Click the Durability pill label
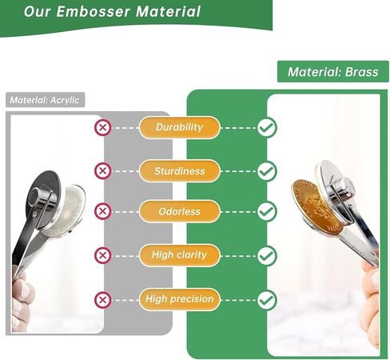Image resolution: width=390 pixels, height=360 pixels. (x=179, y=127)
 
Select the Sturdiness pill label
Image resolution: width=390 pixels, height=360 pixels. (x=179, y=170)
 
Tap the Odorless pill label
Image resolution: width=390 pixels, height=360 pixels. (x=179, y=212)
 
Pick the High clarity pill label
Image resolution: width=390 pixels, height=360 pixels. (x=179, y=255)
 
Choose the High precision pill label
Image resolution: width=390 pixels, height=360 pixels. (x=179, y=300)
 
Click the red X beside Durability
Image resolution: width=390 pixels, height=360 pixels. (x=102, y=127)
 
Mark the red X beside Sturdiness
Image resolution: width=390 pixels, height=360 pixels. (x=102, y=170)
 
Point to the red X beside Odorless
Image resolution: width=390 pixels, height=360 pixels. (x=102, y=212)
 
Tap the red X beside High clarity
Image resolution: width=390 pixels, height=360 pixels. (x=102, y=255)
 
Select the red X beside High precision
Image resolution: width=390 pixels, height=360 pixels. (x=102, y=300)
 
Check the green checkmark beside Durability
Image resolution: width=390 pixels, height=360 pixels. (x=267, y=127)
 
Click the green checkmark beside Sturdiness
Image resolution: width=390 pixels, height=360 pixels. (x=267, y=170)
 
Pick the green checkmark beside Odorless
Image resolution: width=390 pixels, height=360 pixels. (x=267, y=212)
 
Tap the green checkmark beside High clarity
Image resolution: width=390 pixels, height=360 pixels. (x=267, y=255)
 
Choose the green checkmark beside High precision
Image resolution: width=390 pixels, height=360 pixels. (x=267, y=300)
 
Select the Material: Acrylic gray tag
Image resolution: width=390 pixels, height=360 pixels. (x=46, y=101)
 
